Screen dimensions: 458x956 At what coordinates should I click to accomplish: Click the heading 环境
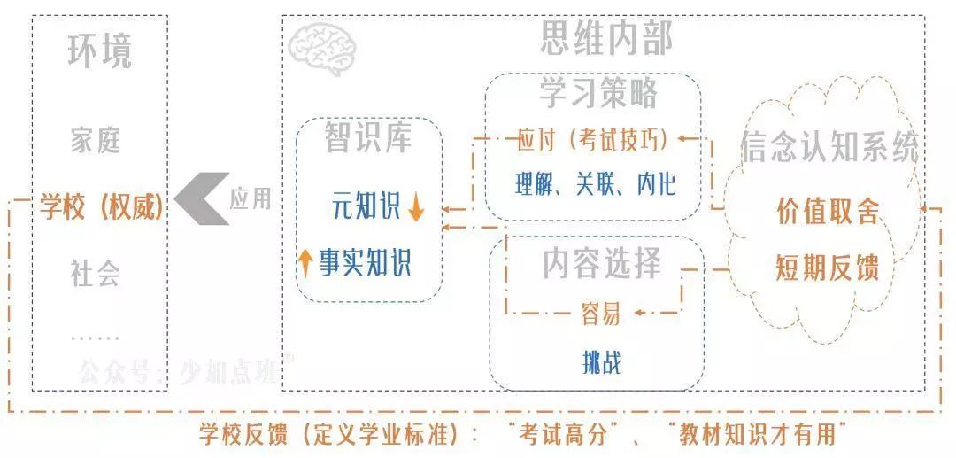coord(99,51)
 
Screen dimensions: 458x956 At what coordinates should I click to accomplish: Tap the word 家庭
coord(96,140)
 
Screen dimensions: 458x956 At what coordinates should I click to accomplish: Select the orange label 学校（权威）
coord(102,207)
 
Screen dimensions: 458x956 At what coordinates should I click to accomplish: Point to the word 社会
coord(96,273)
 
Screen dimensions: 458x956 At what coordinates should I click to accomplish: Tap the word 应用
coord(251,198)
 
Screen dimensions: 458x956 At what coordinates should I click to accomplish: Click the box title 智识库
coord(367,137)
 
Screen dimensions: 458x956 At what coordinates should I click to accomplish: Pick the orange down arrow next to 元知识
coord(417,206)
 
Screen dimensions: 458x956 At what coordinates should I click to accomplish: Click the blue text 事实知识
coord(366,262)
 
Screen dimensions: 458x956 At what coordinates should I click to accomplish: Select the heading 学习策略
coord(598,92)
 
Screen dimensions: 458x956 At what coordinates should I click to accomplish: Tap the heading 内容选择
coord(602,262)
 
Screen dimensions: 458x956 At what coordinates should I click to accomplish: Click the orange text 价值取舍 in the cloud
coord(828,211)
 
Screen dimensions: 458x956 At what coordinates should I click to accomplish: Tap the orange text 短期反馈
coord(828,267)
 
